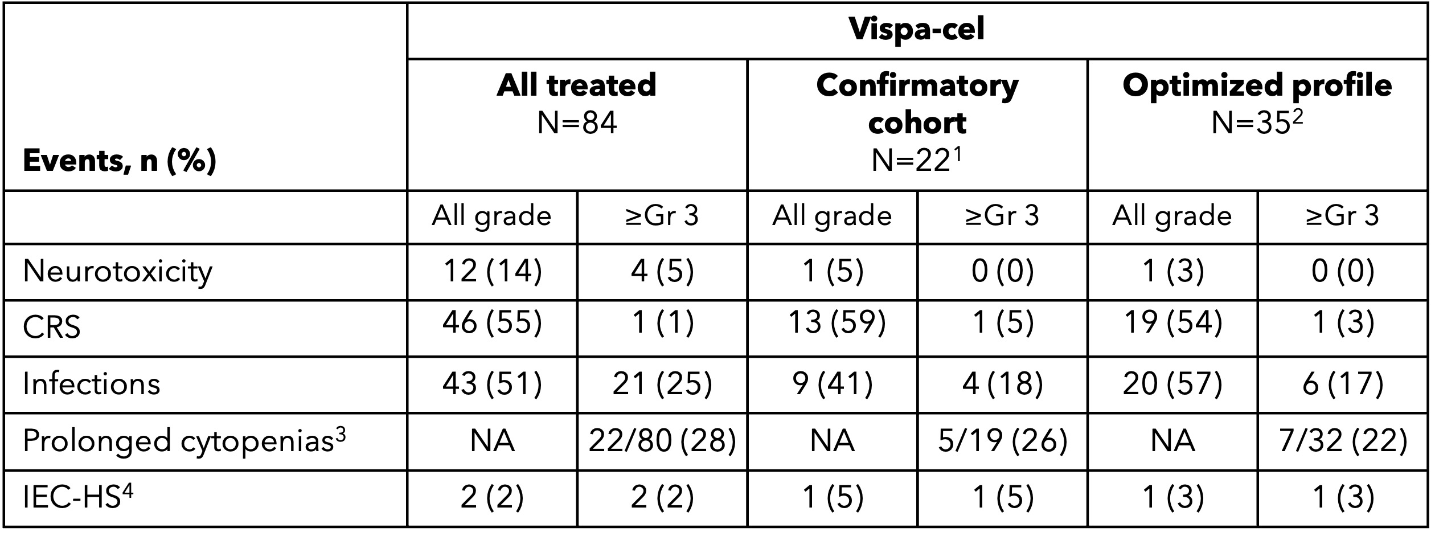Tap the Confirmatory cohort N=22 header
[917, 122]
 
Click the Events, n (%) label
[120, 162]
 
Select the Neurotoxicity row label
[117, 271]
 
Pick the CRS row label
[51, 328]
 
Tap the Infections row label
[91, 384]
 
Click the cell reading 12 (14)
[492, 271]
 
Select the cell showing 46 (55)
[492, 323]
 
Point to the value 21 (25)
[662, 384]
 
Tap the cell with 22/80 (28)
[662, 441]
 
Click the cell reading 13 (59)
[831, 323]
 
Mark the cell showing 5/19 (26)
[1002, 441]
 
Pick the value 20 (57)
[1172, 384]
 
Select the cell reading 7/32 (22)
[1343, 441]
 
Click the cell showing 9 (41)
[831, 384]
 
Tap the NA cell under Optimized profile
[1172, 441]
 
